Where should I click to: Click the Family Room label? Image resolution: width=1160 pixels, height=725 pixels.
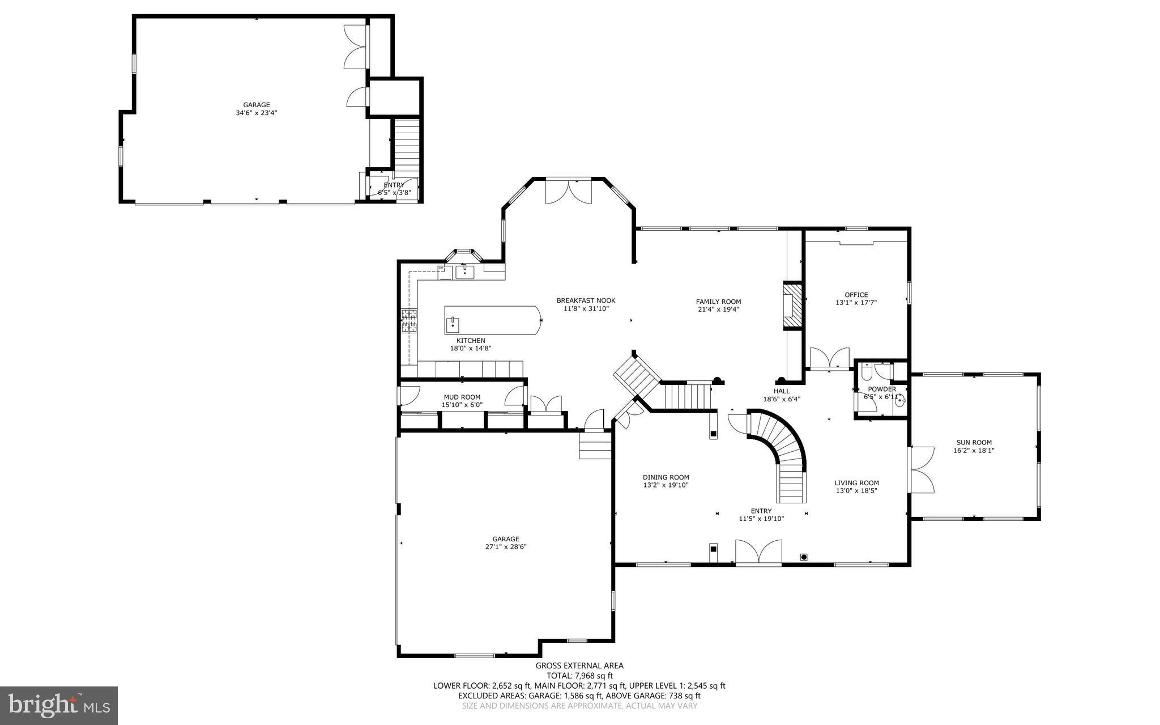718,302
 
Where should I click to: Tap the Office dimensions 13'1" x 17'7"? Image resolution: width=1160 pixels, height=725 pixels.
856,303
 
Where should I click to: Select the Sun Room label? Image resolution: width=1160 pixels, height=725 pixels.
974,443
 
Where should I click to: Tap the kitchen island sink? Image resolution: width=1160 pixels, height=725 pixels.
453,325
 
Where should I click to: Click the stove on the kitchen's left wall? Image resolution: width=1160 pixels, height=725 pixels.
409,320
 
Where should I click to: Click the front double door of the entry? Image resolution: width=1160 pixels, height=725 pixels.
758,552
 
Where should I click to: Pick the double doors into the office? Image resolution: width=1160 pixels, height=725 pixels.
830,358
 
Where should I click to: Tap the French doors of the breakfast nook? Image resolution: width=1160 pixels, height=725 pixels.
568,192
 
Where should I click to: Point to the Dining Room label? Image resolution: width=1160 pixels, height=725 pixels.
666,477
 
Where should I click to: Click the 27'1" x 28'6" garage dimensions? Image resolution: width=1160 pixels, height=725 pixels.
506,547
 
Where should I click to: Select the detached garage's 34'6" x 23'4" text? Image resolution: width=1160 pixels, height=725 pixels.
257,113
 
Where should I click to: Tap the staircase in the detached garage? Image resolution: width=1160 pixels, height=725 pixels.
406,145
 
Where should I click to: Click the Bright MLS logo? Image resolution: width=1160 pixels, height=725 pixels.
58,705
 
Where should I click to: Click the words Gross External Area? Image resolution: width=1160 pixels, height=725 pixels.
579,666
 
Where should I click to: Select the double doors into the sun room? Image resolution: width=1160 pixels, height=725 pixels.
921,469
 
